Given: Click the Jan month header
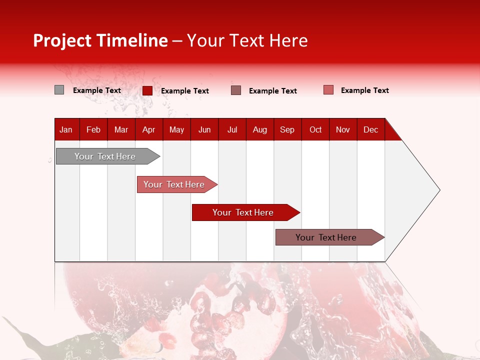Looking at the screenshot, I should pyautogui.click(x=66, y=129).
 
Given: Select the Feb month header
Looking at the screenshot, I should pyautogui.click(x=93, y=129).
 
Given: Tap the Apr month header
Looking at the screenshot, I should pyautogui.click(x=148, y=129).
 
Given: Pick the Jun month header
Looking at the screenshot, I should pyautogui.click(x=204, y=129).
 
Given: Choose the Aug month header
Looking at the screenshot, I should pyautogui.click(x=260, y=129).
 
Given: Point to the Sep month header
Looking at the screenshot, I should pyautogui.click(x=287, y=129).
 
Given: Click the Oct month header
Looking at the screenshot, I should pyautogui.click(x=315, y=129).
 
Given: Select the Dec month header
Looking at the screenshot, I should pyautogui.click(x=371, y=129).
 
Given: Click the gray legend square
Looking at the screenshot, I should pyautogui.click(x=59, y=90).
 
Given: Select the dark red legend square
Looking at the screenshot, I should pyautogui.click(x=147, y=90).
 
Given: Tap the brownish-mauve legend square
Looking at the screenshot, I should pyautogui.click(x=236, y=90).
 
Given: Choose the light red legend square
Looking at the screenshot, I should pyautogui.click(x=328, y=90).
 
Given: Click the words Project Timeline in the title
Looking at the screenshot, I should pyautogui.click(x=100, y=40).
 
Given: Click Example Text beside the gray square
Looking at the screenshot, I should pyautogui.click(x=97, y=90).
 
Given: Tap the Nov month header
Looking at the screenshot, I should pyautogui.click(x=343, y=129).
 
